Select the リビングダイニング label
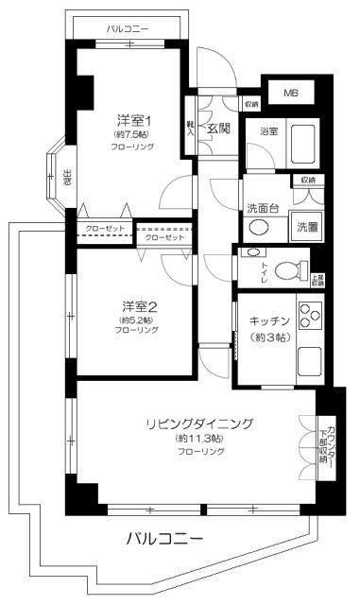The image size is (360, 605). [x=198, y=423]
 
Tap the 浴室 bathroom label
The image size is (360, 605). [x=268, y=130]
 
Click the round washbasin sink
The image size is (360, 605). [x=259, y=228]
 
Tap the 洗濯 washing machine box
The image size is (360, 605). [x=307, y=227]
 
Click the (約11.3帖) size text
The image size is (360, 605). [x=198, y=439]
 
